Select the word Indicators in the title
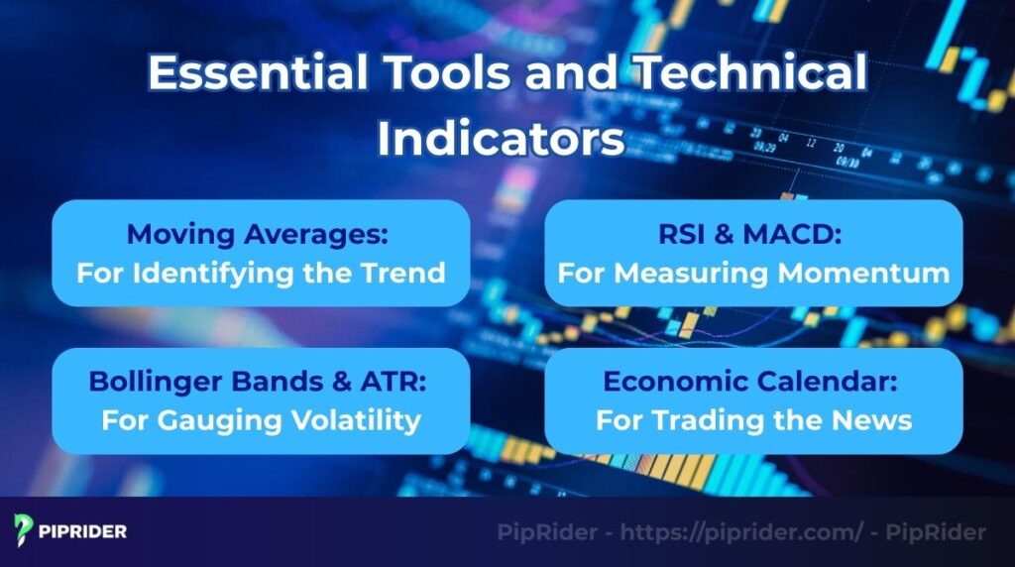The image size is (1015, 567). pyautogui.click(x=501, y=139)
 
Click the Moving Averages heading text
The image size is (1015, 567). pyautogui.click(x=261, y=235)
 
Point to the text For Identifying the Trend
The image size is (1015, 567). pyautogui.click(x=261, y=273)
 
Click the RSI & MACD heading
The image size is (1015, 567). pyautogui.click(x=753, y=235)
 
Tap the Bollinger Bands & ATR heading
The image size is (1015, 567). pyautogui.click(x=261, y=383)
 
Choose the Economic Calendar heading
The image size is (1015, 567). pyautogui.click(x=753, y=383)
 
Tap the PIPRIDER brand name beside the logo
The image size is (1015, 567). pyautogui.click(x=85, y=531)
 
